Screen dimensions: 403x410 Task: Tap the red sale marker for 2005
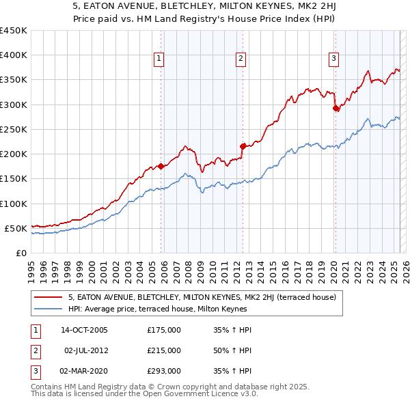click(161, 166)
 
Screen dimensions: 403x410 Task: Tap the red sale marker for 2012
click(243, 146)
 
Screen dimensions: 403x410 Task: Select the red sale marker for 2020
click(336, 108)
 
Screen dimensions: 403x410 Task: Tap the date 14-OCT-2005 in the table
click(84, 330)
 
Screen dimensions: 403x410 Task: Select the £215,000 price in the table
click(164, 350)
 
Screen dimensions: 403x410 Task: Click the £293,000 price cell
click(164, 371)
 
